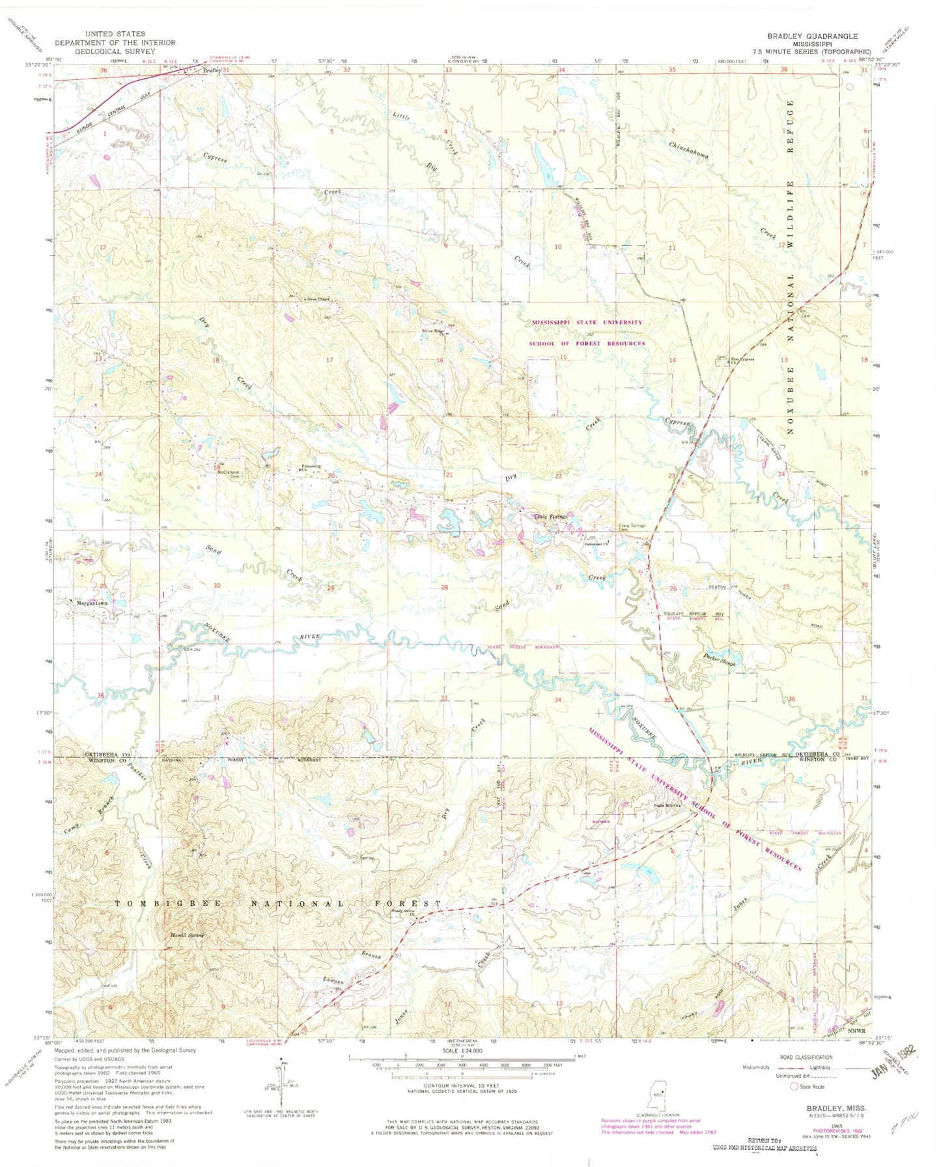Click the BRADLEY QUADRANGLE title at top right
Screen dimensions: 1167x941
click(x=822, y=36)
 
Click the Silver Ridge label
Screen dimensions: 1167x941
click(x=432, y=331)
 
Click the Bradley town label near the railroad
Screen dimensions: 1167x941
click(x=212, y=71)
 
